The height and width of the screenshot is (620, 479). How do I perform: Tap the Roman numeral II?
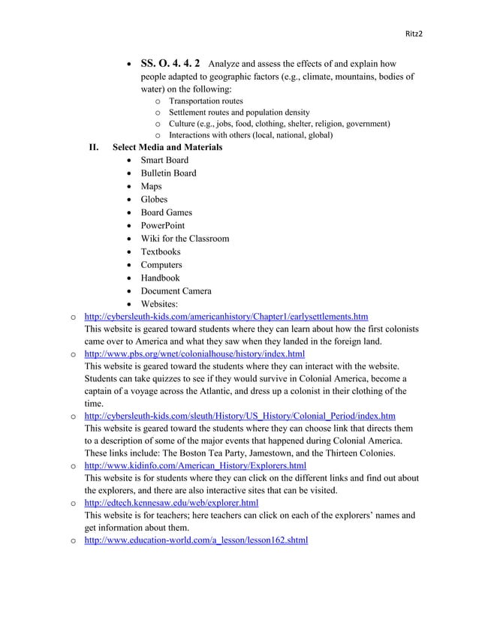click(95, 147)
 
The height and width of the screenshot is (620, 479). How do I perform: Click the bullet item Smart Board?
click(164, 160)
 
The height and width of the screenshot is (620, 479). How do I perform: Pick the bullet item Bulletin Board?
click(168, 173)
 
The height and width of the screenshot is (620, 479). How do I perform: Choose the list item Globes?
click(154, 200)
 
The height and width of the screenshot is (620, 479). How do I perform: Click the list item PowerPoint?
click(162, 226)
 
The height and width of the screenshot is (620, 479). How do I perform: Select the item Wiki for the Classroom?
click(185, 239)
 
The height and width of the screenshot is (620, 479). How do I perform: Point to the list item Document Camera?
click(176, 291)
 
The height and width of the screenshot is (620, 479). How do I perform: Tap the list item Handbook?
click(160, 278)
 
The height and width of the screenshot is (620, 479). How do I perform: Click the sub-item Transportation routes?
click(206, 101)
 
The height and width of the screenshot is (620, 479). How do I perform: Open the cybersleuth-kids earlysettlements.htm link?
click(226, 318)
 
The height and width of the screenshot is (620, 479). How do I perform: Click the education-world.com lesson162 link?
click(196, 540)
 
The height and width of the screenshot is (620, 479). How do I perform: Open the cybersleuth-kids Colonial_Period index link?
click(240, 415)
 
